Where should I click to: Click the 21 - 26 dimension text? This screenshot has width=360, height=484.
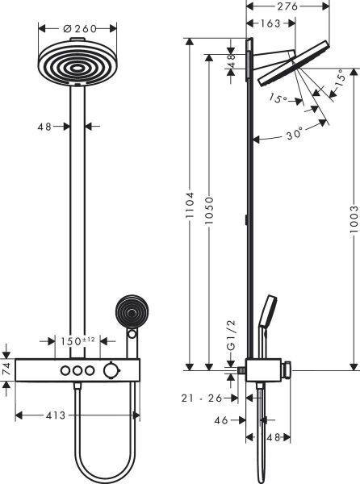point(202,398)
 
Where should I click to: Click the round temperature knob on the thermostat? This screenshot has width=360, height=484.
point(107,370)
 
